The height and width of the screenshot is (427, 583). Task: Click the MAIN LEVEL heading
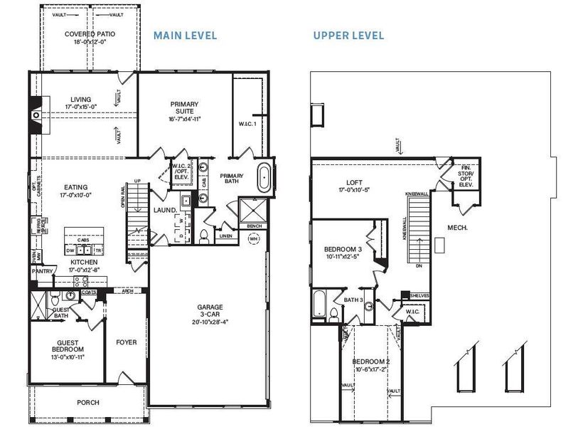[186, 35]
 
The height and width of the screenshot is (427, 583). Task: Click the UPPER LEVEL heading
[348, 35]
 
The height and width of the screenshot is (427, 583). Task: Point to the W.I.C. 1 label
[247, 124]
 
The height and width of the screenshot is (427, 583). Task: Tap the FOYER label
[126, 342]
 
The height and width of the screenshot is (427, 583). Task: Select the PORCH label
[88, 403]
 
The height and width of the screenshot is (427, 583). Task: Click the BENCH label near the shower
[254, 226]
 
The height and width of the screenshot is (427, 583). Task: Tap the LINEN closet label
[225, 235]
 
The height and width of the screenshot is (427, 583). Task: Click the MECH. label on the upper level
[456, 228]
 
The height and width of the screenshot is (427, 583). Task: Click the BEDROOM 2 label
[370, 362]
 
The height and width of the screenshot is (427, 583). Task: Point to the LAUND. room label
[165, 210]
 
